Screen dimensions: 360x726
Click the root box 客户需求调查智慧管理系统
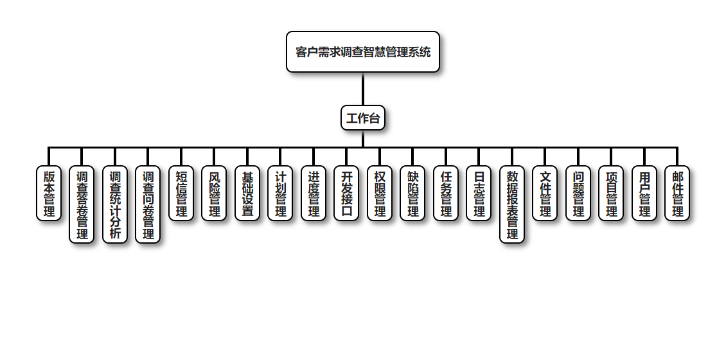point(363,52)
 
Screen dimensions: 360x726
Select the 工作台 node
point(363,118)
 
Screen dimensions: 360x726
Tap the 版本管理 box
point(49,194)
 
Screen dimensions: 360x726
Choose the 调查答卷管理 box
point(82,204)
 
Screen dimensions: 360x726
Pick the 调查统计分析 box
point(115,204)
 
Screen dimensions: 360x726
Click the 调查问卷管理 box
point(148,204)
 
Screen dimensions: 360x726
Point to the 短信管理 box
point(181,194)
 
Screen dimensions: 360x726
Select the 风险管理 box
point(215,194)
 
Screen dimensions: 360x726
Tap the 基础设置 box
point(247,194)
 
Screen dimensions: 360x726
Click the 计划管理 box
point(281,194)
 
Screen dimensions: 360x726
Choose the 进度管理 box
point(314,194)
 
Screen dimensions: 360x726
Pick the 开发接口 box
point(347,194)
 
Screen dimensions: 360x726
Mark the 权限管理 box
point(380,194)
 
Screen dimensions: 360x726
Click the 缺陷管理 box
point(413,194)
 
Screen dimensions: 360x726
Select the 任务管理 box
point(446,194)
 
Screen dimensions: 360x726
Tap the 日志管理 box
point(479,194)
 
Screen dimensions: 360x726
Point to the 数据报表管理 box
point(512,204)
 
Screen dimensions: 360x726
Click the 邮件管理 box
point(678,194)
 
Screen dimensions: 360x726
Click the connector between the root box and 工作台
point(363,89)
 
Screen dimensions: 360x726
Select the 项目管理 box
point(612,194)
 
